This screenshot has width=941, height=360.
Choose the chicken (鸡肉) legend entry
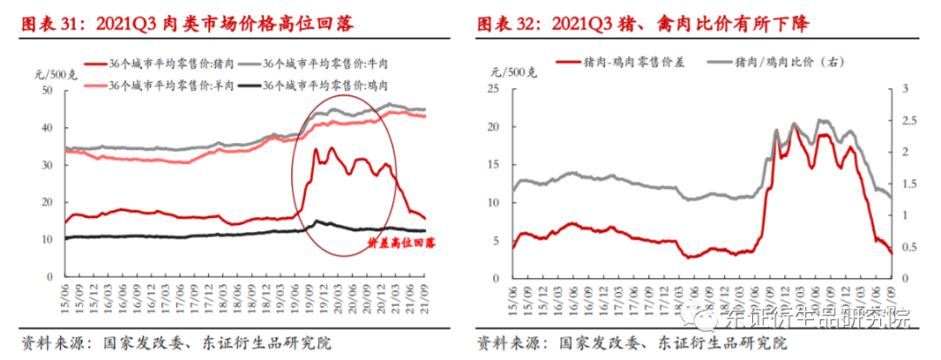coord(323,85)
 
